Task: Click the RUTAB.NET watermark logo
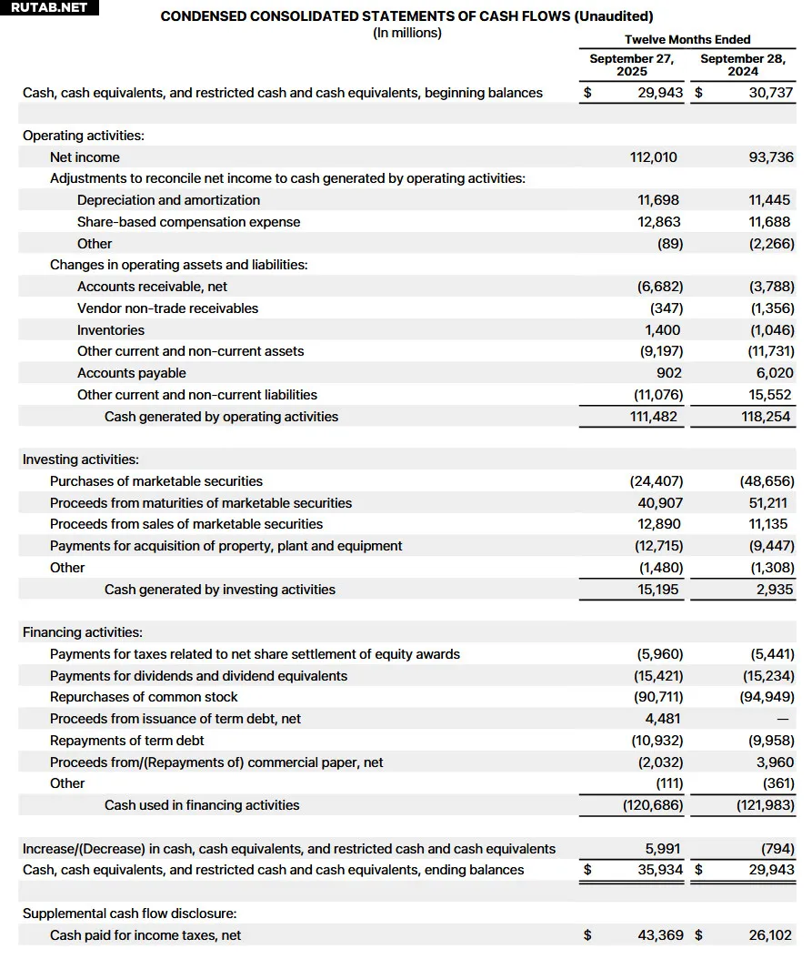48,8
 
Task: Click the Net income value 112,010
653,157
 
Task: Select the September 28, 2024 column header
745,65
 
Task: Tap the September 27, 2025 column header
631,65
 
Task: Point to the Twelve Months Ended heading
687,39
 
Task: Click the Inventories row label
111,330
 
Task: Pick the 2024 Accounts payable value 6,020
774,373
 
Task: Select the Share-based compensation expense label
188,222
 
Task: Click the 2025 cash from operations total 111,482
653,417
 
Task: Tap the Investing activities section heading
81,459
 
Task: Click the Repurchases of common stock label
144,697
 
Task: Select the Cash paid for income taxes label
145,935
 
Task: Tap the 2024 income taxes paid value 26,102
769,935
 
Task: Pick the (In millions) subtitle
407,33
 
